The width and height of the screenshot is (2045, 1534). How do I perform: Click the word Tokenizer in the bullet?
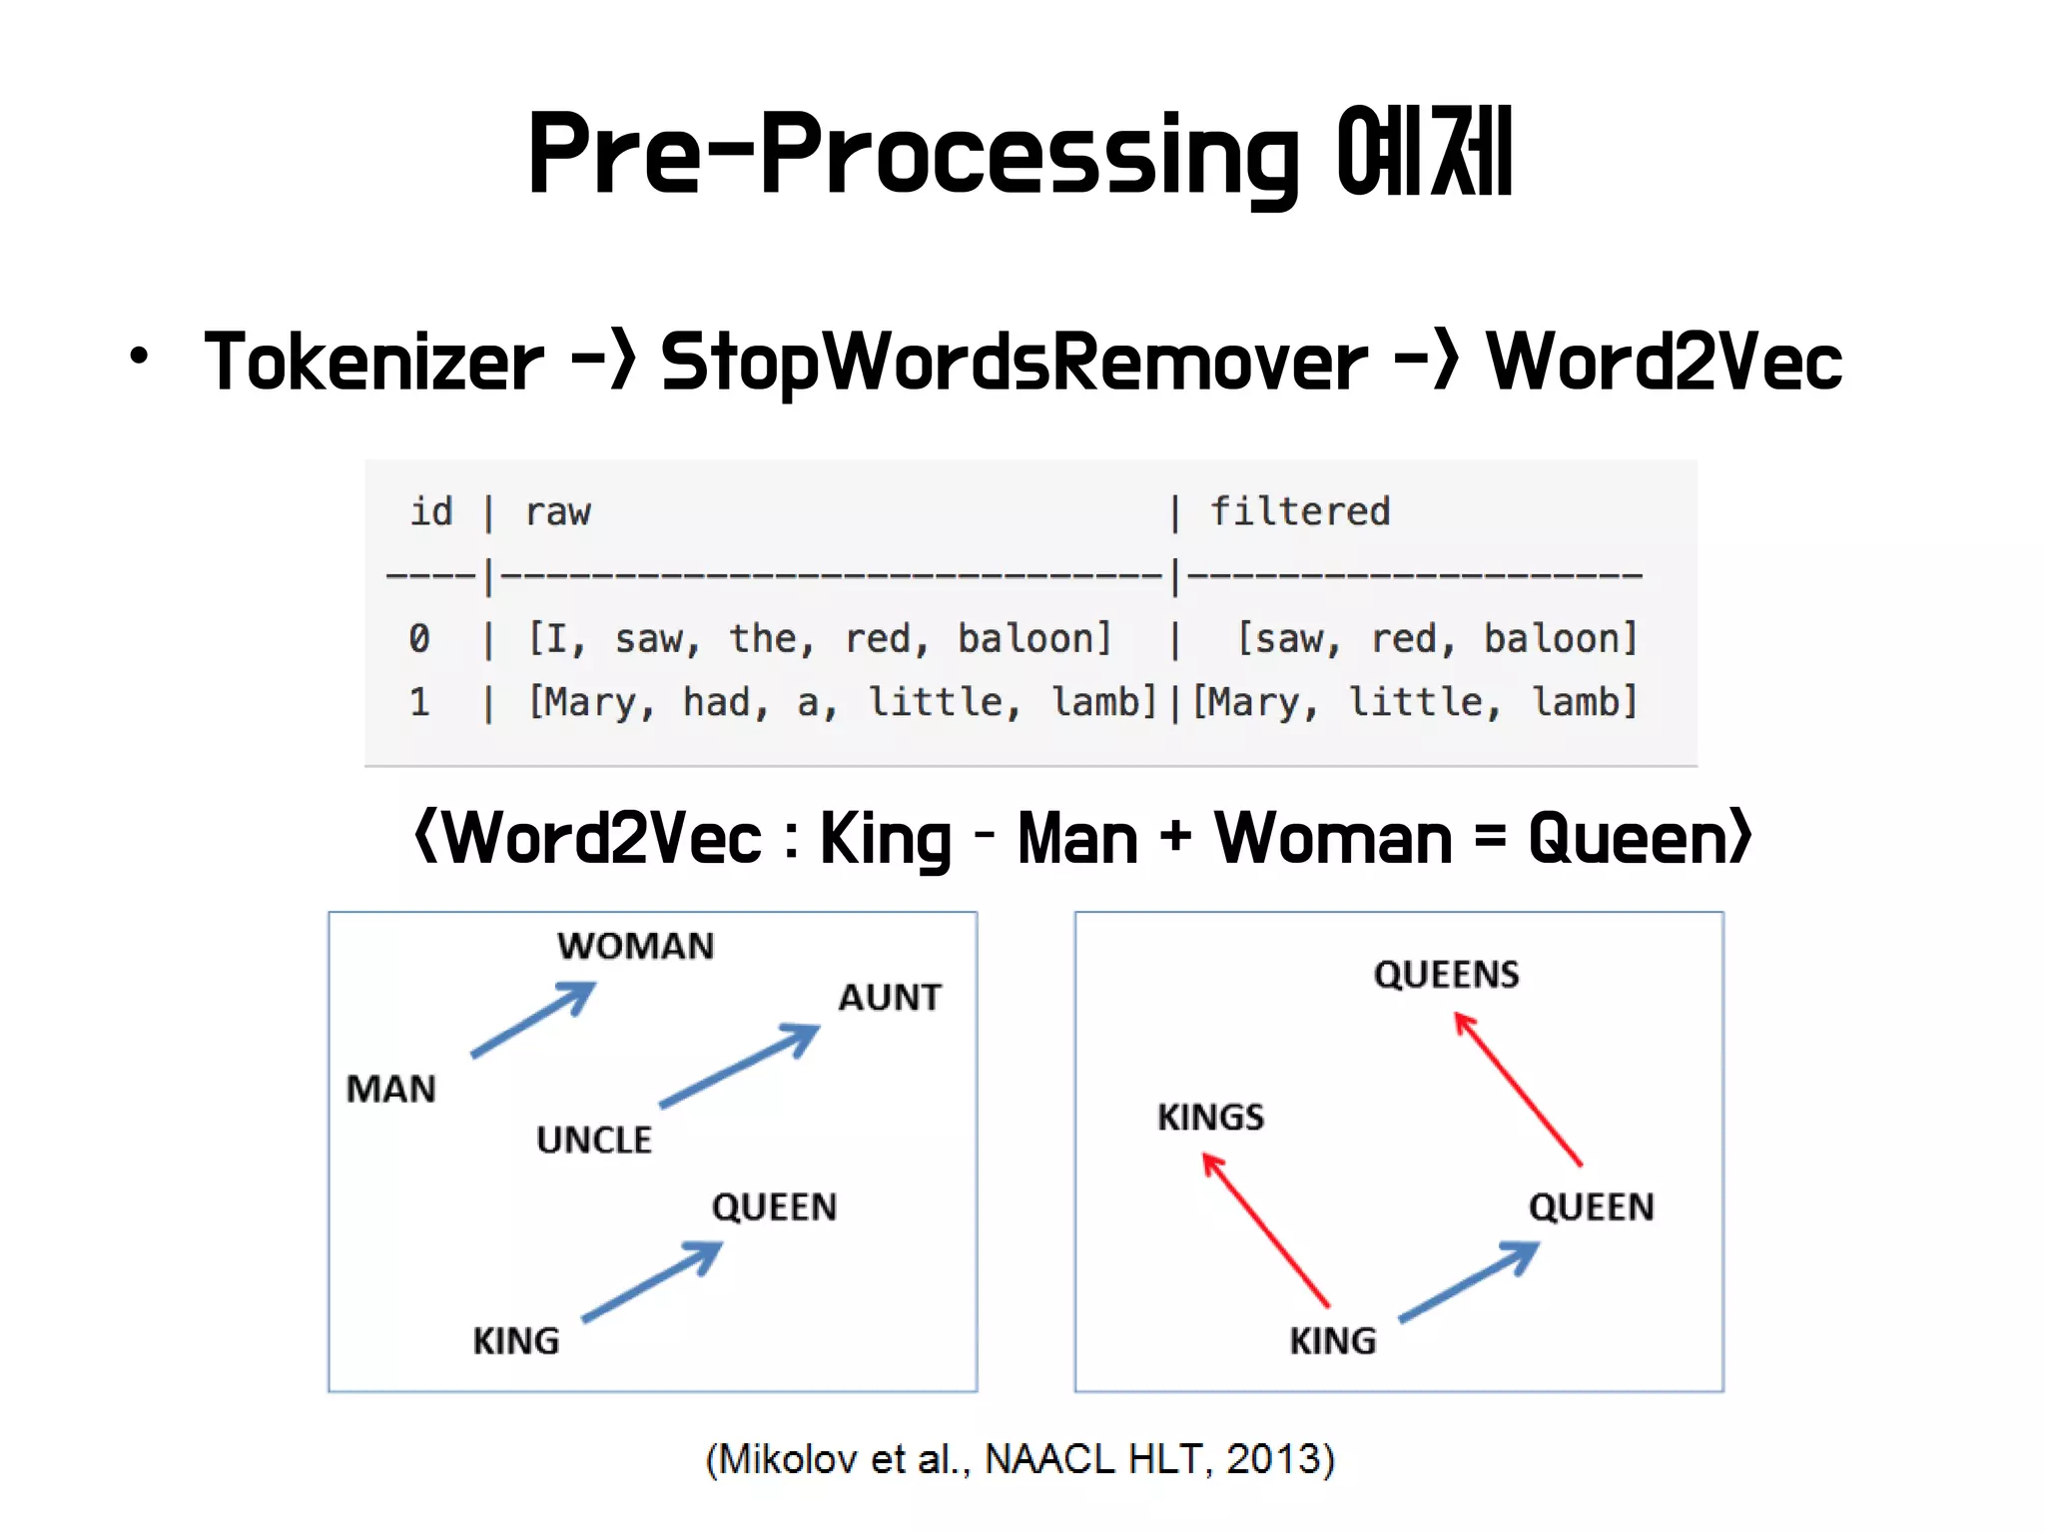click(x=373, y=362)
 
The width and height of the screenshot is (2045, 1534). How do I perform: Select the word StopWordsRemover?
click(x=1013, y=364)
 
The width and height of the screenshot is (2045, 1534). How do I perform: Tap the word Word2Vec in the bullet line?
click(x=1664, y=362)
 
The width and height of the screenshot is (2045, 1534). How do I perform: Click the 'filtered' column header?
click(x=1300, y=511)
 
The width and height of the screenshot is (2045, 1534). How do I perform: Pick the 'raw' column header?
click(x=557, y=511)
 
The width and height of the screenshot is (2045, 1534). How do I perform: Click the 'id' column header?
click(x=431, y=511)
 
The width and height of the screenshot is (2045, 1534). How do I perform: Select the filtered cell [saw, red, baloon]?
click(x=1438, y=638)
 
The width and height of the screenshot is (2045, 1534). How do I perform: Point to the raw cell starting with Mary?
click(x=842, y=702)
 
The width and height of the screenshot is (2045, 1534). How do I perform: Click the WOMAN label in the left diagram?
click(x=636, y=946)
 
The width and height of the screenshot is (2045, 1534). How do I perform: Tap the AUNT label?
click(x=890, y=997)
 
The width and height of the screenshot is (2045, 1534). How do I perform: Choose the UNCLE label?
click(x=594, y=1140)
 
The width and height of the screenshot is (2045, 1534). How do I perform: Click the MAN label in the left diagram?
click(x=391, y=1089)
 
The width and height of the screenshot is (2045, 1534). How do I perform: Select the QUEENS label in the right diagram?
click(x=1446, y=974)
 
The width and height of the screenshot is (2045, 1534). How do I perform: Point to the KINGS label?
click(x=1210, y=1117)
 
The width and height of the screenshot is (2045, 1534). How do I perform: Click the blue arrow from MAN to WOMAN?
click(x=533, y=1020)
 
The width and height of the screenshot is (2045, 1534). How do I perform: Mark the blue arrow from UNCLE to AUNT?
click(x=740, y=1066)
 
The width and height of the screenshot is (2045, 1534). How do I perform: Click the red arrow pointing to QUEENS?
click(x=1517, y=1089)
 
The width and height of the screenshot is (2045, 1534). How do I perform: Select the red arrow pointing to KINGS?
click(x=1265, y=1229)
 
